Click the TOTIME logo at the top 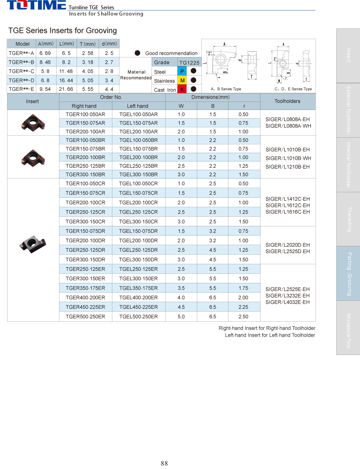tap(36, 5)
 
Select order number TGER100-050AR tap(85, 114)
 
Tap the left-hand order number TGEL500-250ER tap(138, 317)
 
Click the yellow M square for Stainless tap(182, 80)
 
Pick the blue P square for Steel tap(182, 72)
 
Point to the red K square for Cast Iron tap(182, 89)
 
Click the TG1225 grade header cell tap(189, 62)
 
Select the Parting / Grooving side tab tap(348, 273)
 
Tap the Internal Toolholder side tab tap(348, 165)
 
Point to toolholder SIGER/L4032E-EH tap(287, 302)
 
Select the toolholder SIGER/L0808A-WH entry tap(287, 126)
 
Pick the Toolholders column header tap(287, 101)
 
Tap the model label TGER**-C tap(21, 71)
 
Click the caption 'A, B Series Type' tap(226, 89)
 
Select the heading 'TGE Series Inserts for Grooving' tap(62, 30)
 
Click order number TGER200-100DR tap(85, 241)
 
